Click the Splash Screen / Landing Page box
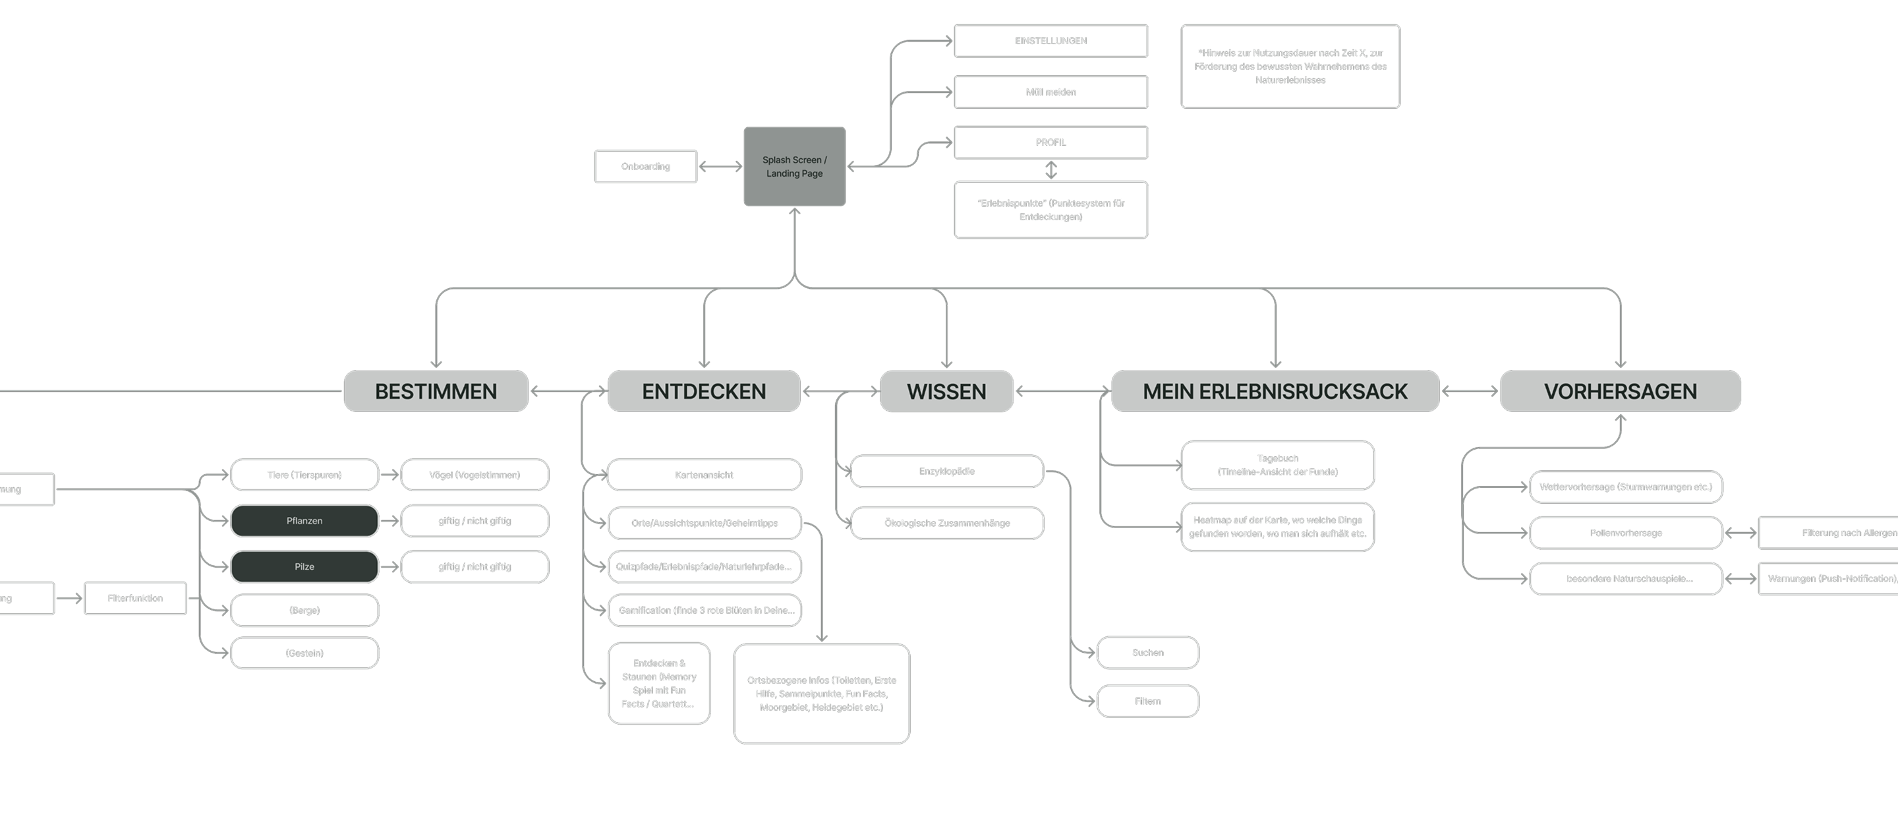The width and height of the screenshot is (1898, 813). pyautogui.click(x=794, y=167)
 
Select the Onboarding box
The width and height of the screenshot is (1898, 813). pyautogui.click(x=645, y=167)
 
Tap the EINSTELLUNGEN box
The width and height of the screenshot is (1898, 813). pyautogui.click(x=1050, y=40)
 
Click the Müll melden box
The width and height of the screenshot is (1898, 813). pyautogui.click(x=1050, y=92)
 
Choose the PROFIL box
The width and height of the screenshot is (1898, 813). pyautogui.click(x=1050, y=142)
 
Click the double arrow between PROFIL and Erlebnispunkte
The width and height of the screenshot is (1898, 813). pyautogui.click(x=1051, y=170)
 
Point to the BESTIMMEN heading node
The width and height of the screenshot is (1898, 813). pyautogui.click(x=436, y=392)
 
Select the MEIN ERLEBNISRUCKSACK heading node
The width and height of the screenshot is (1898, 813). pyautogui.click(x=1275, y=392)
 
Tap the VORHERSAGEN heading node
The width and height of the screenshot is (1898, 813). pyautogui.click(x=1621, y=392)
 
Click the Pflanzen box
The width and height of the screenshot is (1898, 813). pyautogui.click(x=304, y=521)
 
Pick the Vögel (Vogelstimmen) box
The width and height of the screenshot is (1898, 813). pyautogui.click(x=474, y=475)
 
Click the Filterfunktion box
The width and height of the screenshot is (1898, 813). pyautogui.click(x=135, y=599)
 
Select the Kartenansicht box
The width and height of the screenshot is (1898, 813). pyautogui.click(x=704, y=475)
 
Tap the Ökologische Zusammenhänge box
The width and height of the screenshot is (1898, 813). pyautogui.click(x=947, y=524)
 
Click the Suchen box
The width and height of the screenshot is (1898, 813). pyautogui.click(x=1147, y=653)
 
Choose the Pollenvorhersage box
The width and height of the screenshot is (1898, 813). pyautogui.click(x=1625, y=533)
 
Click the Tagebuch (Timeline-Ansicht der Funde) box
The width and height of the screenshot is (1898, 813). pyautogui.click(x=1277, y=465)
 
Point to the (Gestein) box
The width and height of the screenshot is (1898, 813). pyautogui.click(x=304, y=653)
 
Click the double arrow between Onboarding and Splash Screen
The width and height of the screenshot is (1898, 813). pyautogui.click(x=720, y=167)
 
